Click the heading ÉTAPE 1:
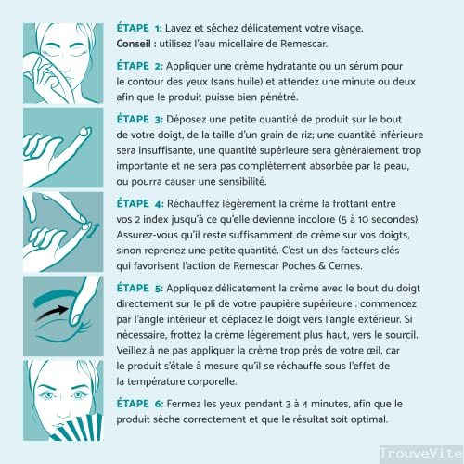tap(139, 28)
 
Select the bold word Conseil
tap(134, 44)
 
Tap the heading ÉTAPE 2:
tap(140, 66)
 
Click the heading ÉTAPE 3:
tap(140, 119)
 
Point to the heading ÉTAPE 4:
tap(140, 203)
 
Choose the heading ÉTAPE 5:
tap(140, 288)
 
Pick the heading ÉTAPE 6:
tap(140, 404)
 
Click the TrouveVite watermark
tap(421, 453)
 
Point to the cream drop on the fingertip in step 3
tap(84, 132)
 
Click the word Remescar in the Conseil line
tap(303, 44)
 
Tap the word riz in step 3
tap(308, 135)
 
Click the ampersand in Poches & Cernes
tap(322, 265)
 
